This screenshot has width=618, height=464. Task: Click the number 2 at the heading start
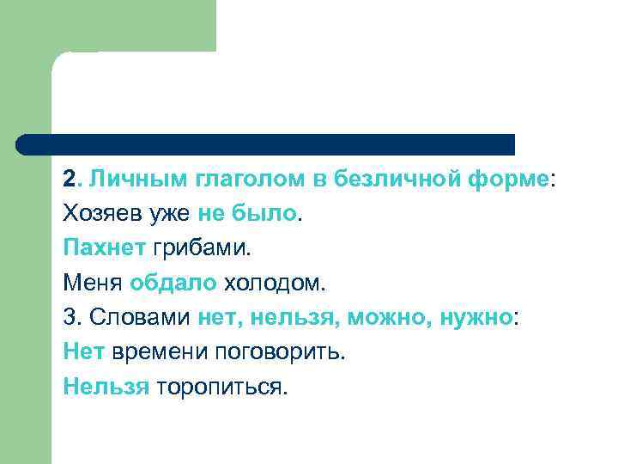point(69,180)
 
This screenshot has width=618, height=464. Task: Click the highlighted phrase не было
point(247,214)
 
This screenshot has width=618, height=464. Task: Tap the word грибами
point(199,249)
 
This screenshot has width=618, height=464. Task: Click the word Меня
point(93,283)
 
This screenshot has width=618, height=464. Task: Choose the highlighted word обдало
point(173,283)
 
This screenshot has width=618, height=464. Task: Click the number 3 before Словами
point(69,317)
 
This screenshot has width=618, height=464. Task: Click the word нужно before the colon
point(476,318)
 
